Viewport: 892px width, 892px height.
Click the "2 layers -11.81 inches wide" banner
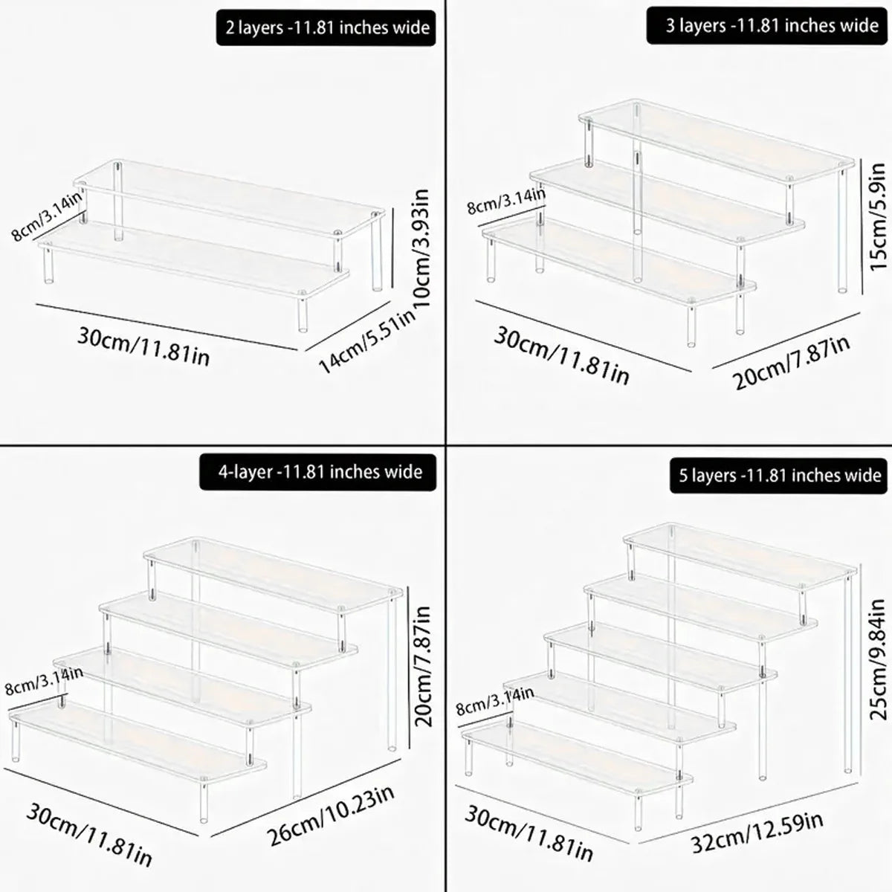pyautogui.click(x=326, y=28)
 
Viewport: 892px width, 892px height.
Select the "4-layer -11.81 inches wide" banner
pyautogui.click(x=318, y=472)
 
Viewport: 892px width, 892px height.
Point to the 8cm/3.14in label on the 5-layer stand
pyautogui.click(x=495, y=700)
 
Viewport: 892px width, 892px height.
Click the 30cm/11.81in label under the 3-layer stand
pyautogui.click(x=561, y=355)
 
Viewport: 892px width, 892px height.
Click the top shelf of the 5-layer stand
pyautogui.click(x=740, y=555)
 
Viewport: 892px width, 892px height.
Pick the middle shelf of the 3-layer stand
pyautogui.click(x=667, y=202)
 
